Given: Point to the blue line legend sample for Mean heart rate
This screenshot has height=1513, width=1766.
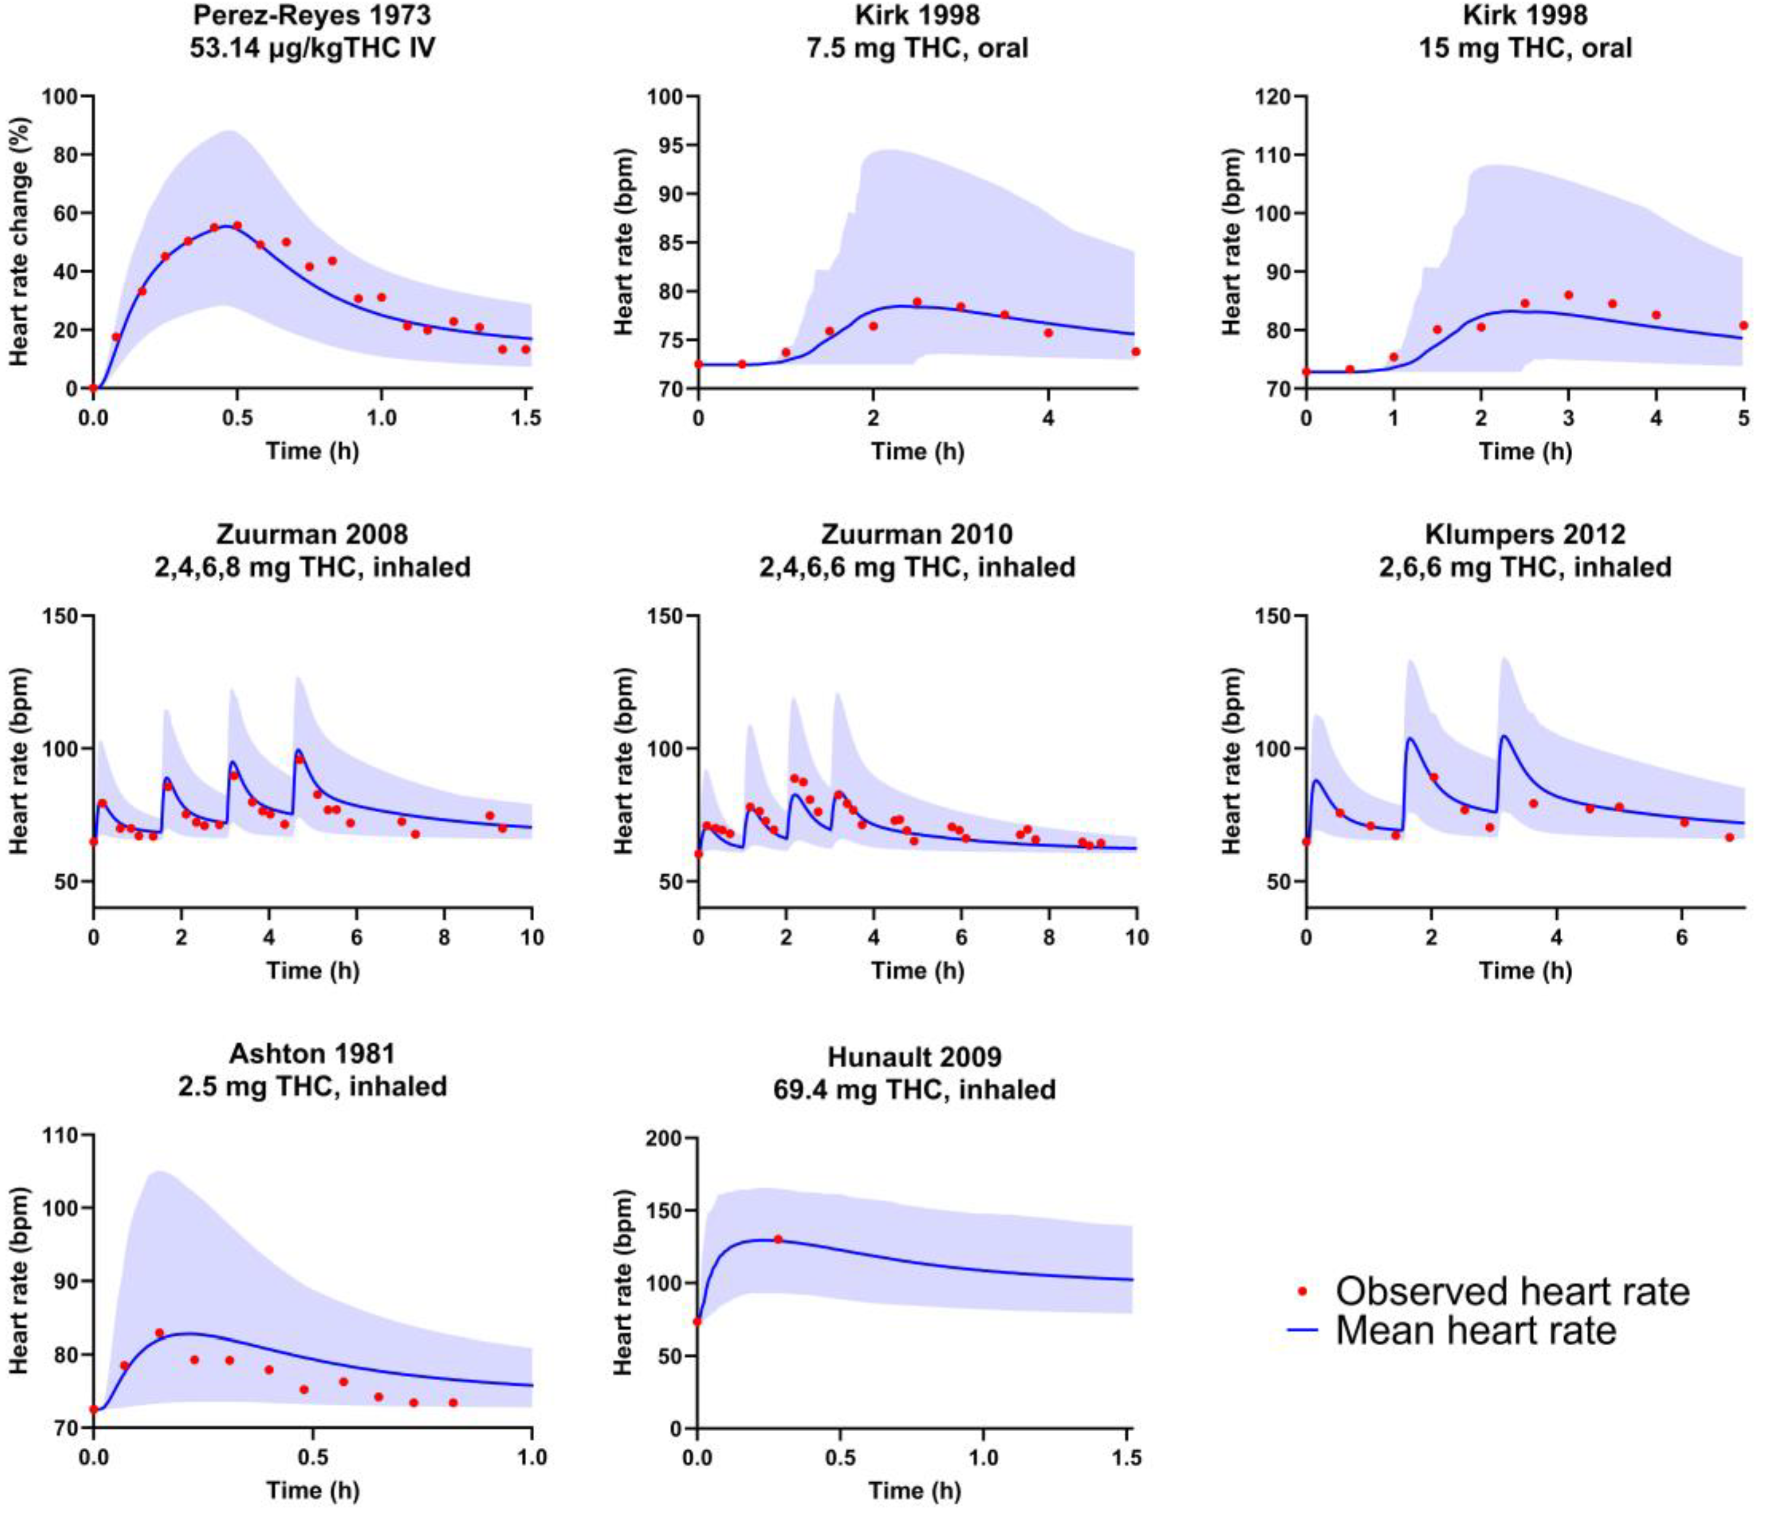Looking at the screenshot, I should click(x=1301, y=1330).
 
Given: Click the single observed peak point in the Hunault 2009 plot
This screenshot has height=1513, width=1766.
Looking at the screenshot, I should click(x=777, y=1240).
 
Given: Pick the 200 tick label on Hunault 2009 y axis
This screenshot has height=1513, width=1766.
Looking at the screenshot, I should click(x=665, y=1139).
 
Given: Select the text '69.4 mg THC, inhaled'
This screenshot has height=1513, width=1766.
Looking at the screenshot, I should click(x=914, y=1089).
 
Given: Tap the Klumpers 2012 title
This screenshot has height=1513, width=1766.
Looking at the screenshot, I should click(x=1525, y=535).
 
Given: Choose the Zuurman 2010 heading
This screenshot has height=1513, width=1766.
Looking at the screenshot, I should click(x=917, y=535).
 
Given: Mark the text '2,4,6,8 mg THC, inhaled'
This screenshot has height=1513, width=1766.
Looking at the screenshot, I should click(x=312, y=567).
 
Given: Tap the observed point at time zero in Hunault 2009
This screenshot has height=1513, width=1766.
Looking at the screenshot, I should click(x=697, y=1321).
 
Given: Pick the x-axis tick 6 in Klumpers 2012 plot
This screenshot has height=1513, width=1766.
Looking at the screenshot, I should click(x=1682, y=938).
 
